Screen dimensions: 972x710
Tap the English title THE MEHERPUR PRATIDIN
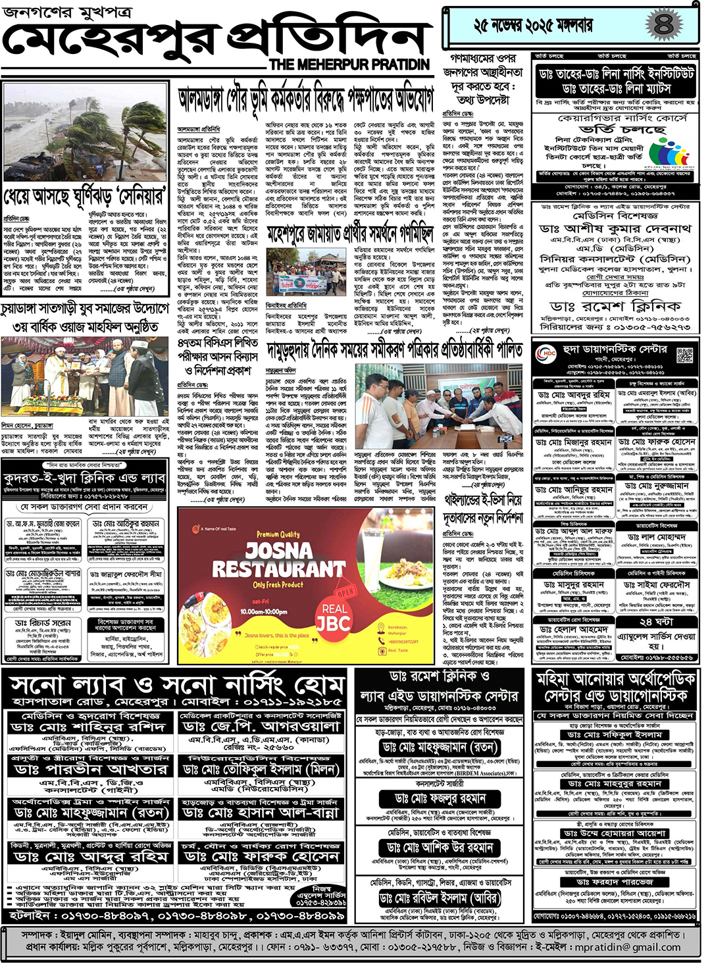pos(349,64)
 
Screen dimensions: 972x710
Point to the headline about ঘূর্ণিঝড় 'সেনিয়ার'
pos(86,197)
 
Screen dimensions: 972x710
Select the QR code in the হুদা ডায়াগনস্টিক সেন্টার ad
pos(684,355)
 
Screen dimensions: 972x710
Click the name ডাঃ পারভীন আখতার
pos(89,769)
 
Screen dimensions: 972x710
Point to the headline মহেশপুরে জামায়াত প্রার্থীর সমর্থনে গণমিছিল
pos(351,234)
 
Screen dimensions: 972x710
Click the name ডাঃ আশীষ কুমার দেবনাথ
pos(615,229)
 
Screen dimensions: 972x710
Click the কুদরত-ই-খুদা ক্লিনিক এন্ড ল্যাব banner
pos(84,478)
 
